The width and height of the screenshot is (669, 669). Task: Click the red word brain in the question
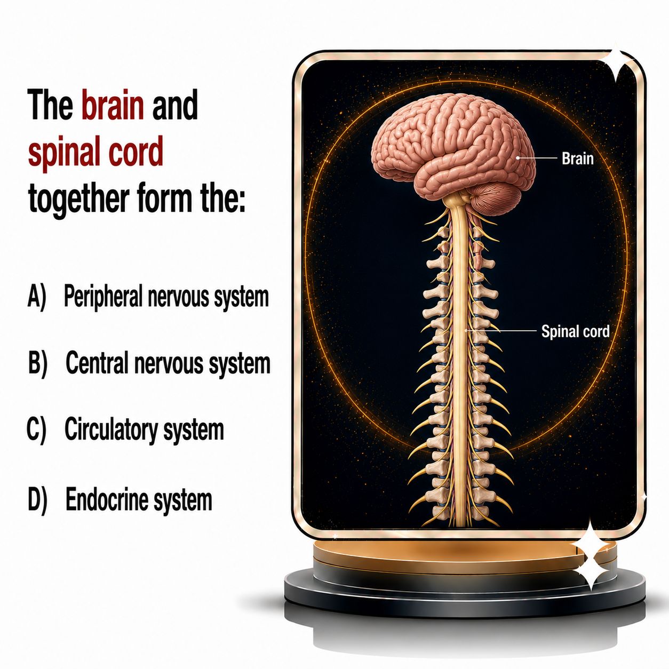[113, 105]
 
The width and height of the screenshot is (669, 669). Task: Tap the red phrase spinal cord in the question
[95, 152]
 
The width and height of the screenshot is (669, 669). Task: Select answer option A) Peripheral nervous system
[148, 298]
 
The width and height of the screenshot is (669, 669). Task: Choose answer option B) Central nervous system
[149, 363]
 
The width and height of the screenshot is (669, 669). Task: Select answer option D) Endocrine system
[120, 500]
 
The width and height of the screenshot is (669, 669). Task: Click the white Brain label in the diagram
[577, 159]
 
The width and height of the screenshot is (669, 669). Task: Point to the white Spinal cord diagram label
[575, 331]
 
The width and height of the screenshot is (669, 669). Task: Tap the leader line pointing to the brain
[537, 157]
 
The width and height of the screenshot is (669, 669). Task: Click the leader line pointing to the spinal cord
[500, 331]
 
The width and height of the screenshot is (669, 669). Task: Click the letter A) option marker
[36, 297]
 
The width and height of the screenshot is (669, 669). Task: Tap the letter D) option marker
[37, 500]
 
